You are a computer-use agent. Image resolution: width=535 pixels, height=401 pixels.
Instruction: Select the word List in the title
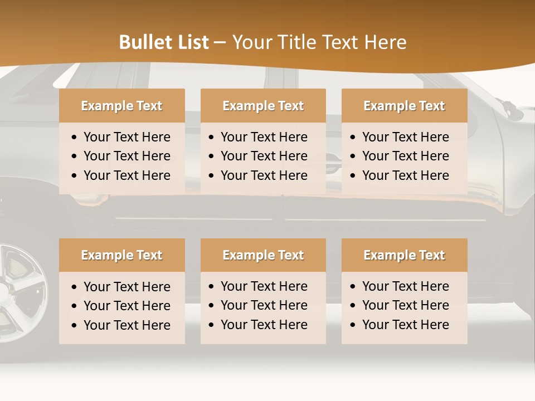point(191,42)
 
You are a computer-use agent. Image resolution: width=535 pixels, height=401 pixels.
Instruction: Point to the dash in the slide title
point(220,43)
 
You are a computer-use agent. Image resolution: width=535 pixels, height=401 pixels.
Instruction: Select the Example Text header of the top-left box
point(121,106)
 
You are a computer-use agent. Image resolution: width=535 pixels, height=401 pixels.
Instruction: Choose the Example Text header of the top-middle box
point(263,106)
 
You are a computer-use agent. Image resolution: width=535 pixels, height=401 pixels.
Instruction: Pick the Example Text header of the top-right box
point(404,106)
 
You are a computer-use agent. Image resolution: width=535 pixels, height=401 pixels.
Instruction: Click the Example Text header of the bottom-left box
point(121,255)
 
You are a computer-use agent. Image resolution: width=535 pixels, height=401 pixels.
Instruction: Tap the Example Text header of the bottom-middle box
point(263,255)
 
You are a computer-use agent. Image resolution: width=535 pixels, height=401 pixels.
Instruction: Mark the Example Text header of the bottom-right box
point(404,255)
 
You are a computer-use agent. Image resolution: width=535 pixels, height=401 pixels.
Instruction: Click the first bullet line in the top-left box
point(127,137)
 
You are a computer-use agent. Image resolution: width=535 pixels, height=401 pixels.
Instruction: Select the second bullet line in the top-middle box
point(264,156)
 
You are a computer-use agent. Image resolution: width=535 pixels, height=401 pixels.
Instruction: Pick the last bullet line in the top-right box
point(405,175)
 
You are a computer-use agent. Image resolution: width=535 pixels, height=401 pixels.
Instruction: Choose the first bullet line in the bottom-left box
point(127,287)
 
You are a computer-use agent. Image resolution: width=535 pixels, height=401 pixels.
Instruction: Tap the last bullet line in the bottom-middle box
point(264,325)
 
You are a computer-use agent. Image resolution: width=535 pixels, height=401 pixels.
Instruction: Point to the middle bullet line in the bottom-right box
point(405,305)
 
